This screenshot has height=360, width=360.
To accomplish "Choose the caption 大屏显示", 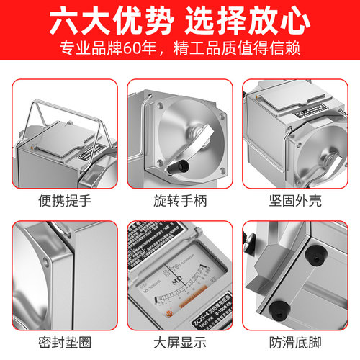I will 180,341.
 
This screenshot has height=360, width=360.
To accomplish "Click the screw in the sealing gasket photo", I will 48,256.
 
